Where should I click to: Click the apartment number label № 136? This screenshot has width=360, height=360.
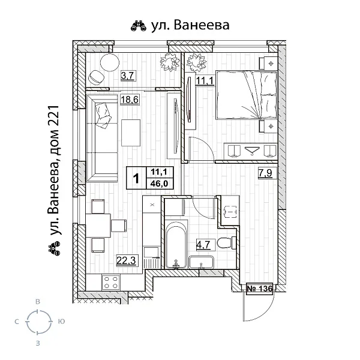[260, 289]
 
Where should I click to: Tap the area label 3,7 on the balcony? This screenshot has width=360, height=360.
[127, 76]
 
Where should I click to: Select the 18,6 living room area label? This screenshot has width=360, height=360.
[129, 101]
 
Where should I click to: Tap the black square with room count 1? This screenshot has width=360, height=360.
[137, 178]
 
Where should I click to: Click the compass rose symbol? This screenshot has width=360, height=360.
[38, 322]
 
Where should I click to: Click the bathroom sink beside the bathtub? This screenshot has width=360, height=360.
[202, 263]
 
